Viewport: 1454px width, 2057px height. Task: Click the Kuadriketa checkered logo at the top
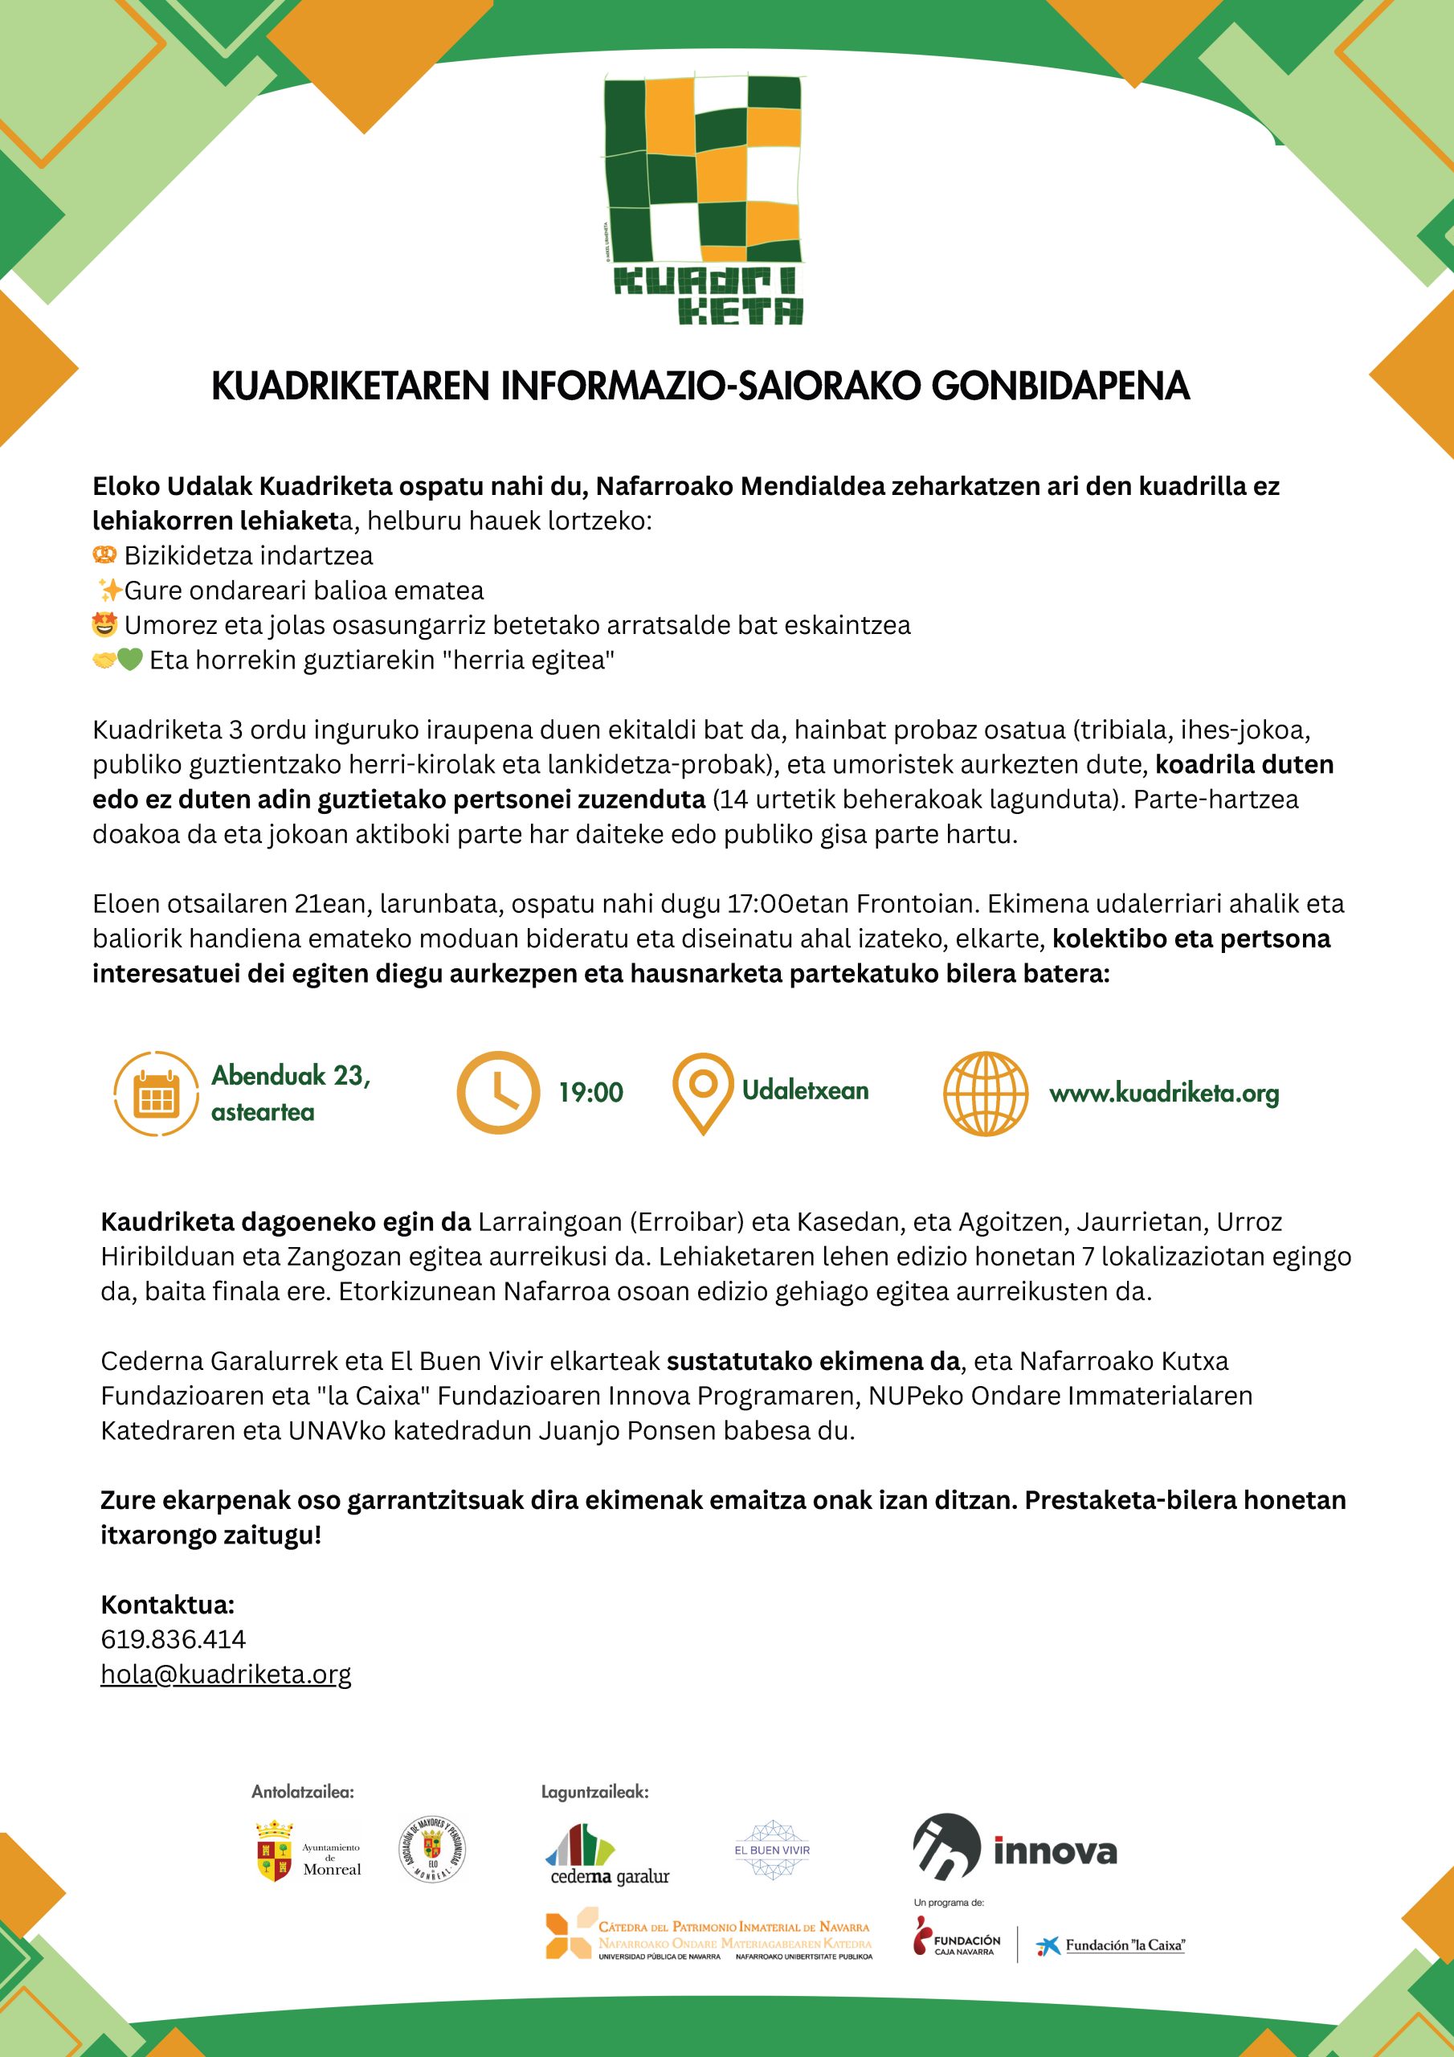(703, 199)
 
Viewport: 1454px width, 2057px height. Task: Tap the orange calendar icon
(156, 1093)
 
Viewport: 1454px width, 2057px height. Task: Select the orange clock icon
(498, 1093)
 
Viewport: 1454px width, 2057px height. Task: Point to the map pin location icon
(702, 1092)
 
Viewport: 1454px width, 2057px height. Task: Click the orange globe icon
(986, 1093)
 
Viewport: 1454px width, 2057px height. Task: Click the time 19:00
(590, 1093)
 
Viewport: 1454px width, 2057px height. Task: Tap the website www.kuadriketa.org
(1164, 1094)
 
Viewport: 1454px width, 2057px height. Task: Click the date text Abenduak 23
(290, 1075)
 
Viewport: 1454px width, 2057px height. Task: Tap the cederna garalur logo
(608, 1854)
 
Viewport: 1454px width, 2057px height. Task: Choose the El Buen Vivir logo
(771, 1849)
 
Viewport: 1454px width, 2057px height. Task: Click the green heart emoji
(130, 660)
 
